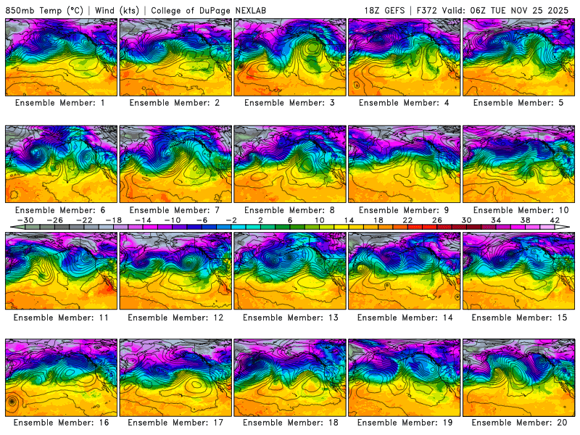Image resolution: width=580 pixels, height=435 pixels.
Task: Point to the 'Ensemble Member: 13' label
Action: [x=291, y=317]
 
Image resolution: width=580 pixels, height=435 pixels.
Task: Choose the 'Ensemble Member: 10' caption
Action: [x=521, y=210]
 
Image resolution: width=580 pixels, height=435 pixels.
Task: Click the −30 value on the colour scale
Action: [x=25, y=220]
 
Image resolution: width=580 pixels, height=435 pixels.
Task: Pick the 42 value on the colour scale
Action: [x=555, y=220]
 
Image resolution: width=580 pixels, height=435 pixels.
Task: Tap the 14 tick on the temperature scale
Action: [x=349, y=220]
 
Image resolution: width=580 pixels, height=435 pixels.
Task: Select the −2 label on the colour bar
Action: [x=231, y=220]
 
